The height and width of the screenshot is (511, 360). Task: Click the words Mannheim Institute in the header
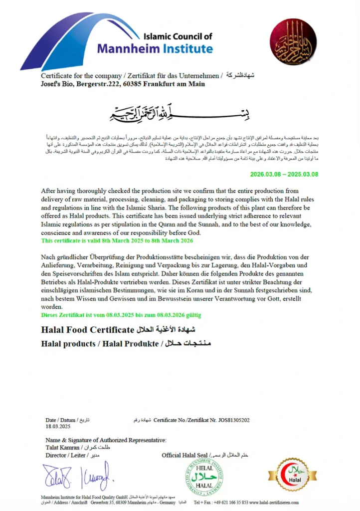[155, 48]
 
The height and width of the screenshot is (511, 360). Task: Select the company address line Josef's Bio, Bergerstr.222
[123, 84]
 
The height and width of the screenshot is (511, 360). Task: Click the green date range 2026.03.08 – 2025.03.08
[284, 174]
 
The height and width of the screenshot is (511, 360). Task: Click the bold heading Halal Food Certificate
[87, 330]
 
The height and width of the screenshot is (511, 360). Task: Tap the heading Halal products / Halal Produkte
[100, 344]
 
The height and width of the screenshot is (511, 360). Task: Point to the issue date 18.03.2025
[58, 427]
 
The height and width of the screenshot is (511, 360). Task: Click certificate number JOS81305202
[229, 421]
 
